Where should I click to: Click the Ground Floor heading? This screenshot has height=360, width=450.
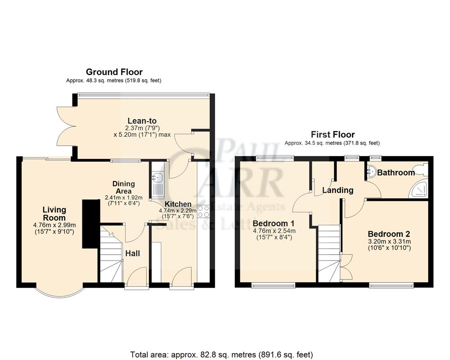pos(114,72)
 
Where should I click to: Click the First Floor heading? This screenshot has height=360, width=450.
pos(332,135)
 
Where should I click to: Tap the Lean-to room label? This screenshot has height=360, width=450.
pos(142,121)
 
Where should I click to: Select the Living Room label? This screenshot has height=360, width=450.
pos(54,214)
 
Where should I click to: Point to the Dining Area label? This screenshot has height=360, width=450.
pos(123,187)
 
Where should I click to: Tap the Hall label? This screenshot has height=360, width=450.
pos(132,253)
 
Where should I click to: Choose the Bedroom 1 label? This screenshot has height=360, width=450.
pos(274,223)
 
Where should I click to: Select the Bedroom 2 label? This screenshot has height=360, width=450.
pos(389,234)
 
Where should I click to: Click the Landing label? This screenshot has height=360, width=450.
pos(337,190)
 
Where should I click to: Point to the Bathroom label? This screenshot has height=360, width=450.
pos(396,172)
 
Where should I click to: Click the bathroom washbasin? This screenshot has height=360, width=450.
pos(372,170)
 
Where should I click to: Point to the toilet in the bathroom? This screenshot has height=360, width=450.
pos(423,169)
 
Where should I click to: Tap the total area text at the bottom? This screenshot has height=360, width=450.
pos(221,354)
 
